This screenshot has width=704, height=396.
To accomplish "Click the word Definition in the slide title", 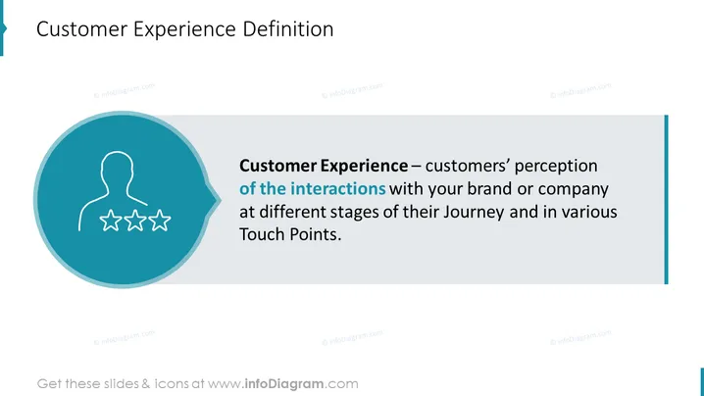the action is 288,29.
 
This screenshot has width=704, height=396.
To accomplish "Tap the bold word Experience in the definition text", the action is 365,167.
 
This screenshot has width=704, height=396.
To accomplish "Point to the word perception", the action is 556,167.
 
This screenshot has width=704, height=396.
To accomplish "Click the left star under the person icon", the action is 111,221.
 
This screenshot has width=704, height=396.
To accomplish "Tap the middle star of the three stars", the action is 134,221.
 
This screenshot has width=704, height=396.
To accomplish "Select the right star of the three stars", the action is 160,221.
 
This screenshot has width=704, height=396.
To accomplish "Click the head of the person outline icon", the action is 118,169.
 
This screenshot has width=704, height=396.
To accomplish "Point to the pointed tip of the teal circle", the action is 221,199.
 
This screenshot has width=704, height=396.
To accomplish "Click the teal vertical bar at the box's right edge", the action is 666,199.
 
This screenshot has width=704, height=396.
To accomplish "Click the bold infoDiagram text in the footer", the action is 284,384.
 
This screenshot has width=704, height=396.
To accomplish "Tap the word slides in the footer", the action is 122,384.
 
